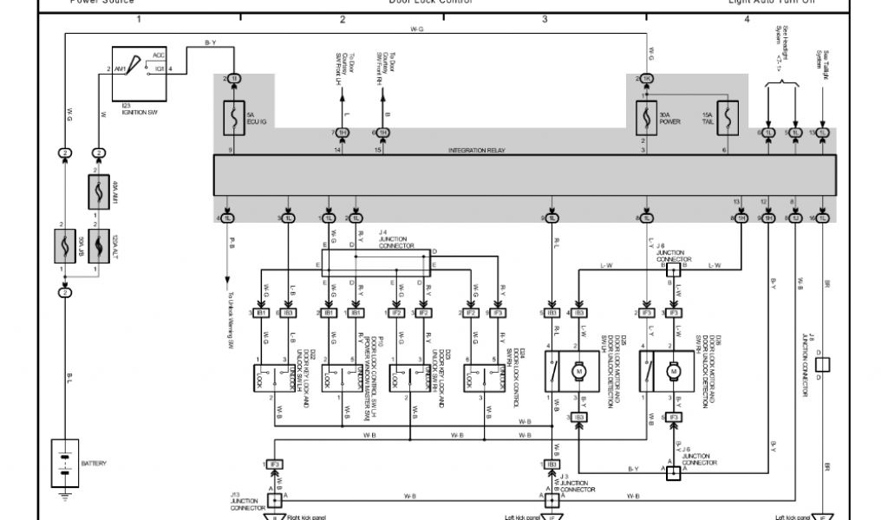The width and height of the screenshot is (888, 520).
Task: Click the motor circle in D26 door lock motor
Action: click(672, 371)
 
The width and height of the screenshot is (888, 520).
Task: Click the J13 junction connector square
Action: click(275, 499)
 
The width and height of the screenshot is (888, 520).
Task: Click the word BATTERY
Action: click(94, 465)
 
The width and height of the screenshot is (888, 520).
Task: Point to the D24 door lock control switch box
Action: click(486, 379)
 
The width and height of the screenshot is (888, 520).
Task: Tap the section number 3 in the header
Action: click(545, 18)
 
